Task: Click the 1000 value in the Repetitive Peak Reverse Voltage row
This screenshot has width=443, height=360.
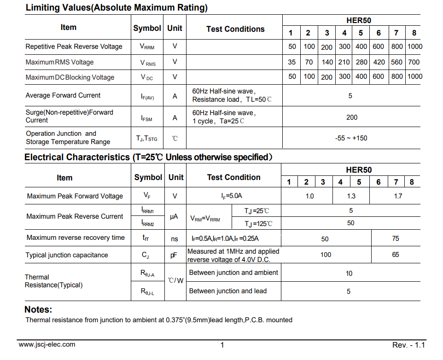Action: (414, 46)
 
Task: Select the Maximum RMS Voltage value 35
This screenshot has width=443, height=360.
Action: (292, 62)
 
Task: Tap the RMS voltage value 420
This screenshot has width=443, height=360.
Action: (379, 62)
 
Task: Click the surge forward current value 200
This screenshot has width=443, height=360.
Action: (351, 117)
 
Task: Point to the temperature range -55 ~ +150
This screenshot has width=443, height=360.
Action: (351, 138)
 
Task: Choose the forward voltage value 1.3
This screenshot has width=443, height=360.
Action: (351, 196)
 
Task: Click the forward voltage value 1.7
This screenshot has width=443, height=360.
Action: (398, 196)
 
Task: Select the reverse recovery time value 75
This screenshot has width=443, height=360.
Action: (396, 238)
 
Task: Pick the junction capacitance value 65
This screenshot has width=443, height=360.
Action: (396, 255)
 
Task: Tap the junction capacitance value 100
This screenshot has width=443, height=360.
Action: (326, 255)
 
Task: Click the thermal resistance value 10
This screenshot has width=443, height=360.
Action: (349, 273)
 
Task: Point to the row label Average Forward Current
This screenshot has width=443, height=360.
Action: (63, 95)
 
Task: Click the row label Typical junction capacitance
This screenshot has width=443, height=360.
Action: (67, 255)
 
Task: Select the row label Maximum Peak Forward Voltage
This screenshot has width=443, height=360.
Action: (75, 196)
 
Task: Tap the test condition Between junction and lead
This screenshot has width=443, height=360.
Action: (228, 291)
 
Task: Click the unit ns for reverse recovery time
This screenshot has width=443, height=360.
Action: (174, 238)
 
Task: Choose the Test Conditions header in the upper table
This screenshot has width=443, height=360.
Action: (235, 29)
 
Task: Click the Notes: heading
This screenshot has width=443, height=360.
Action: (38, 309)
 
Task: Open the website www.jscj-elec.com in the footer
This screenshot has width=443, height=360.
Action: (47, 344)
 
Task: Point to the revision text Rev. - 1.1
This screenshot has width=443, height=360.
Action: (408, 345)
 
